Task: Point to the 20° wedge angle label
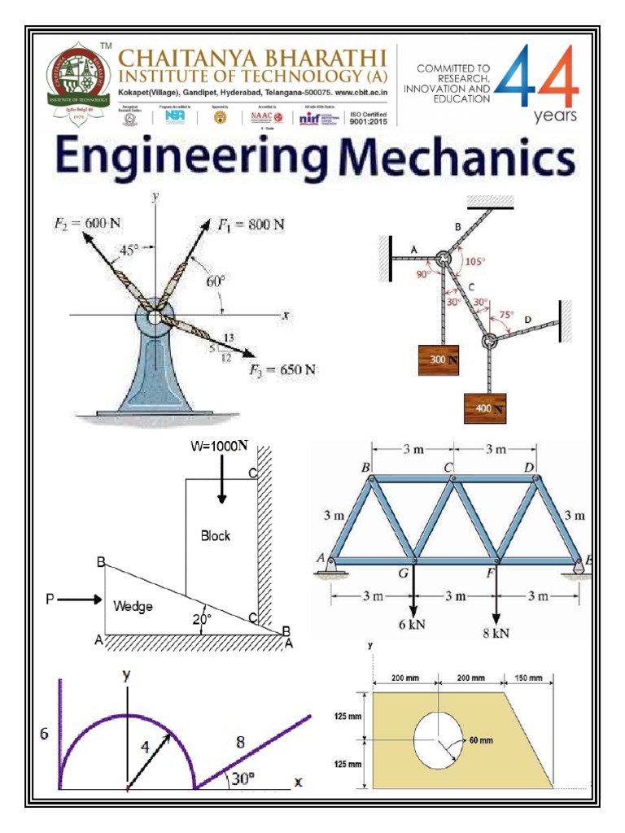(201, 618)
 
